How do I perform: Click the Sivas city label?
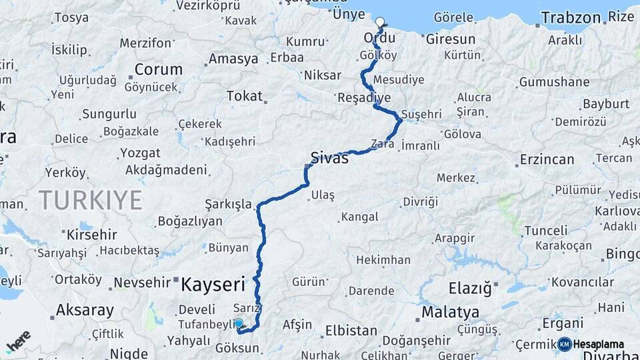point(329,159)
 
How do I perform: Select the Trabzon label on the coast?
point(571,17)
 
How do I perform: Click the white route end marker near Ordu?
point(380,22)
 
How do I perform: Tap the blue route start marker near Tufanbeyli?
point(239,323)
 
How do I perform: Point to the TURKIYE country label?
point(90,199)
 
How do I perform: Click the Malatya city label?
point(450,312)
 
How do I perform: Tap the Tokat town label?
point(244,96)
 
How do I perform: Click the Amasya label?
point(233,59)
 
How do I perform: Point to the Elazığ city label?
point(470,288)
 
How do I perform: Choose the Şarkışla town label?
point(228,203)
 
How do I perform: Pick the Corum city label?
point(158,69)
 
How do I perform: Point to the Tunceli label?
point(545,230)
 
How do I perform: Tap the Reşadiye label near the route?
point(364,97)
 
